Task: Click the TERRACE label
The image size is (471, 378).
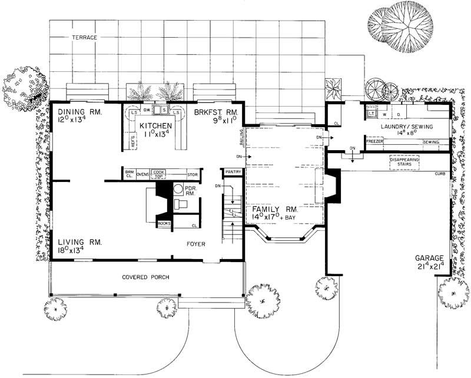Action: (84, 38)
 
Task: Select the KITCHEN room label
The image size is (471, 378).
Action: (155, 126)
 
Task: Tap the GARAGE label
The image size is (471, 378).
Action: (429, 258)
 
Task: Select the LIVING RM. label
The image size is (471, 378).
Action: (81, 241)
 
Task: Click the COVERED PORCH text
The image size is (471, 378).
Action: (146, 277)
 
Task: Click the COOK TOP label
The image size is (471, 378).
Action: (158, 174)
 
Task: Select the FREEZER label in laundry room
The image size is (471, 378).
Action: (375, 142)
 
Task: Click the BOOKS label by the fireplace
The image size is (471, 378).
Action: (164, 224)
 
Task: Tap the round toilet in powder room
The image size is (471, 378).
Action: (178, 188)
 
